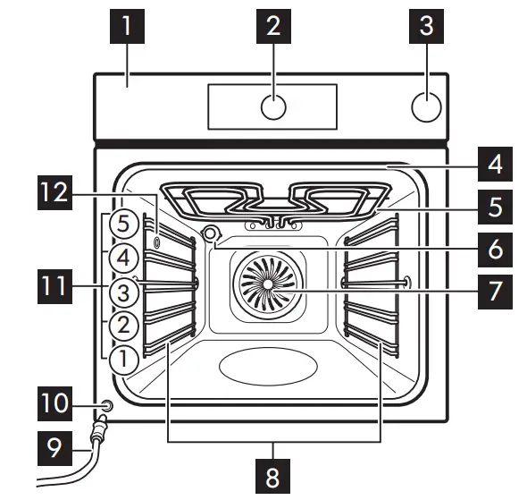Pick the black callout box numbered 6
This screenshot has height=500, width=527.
(x=495, y=250)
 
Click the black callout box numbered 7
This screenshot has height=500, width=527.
(x=495, y=292)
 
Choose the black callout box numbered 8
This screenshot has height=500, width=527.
(x=273, y=475)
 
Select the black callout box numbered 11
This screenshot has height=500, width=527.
(x=54, y=287)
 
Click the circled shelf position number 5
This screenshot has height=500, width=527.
(x=124, y=223)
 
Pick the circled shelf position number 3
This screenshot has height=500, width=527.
(x=124, y=292)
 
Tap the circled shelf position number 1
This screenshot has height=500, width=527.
(x=124, y=360)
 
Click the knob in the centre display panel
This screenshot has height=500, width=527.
(x=273, y=106)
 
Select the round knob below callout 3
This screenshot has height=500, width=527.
(x=426, y=106)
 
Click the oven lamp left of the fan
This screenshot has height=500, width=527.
(x=213, y=234)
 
